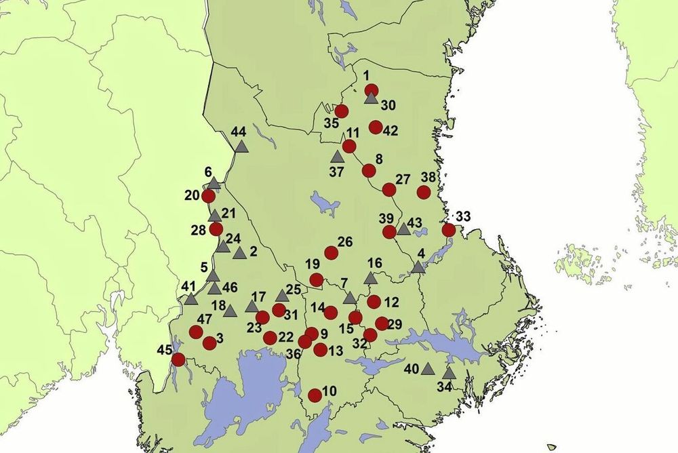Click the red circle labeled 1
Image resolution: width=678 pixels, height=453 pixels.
click(x=371, y=90)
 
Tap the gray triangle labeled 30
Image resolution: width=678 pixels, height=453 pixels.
click(x=370, y=99)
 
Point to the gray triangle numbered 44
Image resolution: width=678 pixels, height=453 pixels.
click(x=241, y=146)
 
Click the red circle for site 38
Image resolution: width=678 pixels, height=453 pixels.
click(x=424, y=192)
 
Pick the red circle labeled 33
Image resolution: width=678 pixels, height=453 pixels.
click(x=448, y=230)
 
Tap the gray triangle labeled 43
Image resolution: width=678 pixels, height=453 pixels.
click(x=404, y=229)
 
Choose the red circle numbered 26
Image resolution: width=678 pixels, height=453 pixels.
click(x=332, y=252)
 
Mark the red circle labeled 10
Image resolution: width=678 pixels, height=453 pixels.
click(x=315, y=395)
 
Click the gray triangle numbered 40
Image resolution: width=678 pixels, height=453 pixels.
click(x=427, y=368)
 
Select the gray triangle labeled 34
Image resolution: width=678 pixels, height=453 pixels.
click(x=449, y=373)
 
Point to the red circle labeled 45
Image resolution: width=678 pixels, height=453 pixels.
click(x=178, y=359)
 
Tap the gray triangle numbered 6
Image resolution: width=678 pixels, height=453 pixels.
click(x=214, y=183)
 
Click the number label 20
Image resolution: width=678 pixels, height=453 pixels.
click(x=191, y=195)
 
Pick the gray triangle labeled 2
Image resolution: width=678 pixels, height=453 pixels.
click(x=239, y=253)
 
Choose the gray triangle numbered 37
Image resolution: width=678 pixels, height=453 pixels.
click(x=338, y=157)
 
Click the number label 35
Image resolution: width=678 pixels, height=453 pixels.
click(x=331, y=123)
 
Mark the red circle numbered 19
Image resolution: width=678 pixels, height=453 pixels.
click(x=317, y=280)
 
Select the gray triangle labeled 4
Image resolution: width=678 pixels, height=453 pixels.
click(x=418, y=268)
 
